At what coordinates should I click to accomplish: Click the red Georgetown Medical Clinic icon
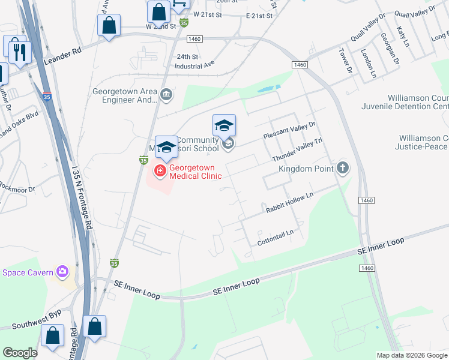160,171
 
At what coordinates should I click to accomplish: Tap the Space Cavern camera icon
62,272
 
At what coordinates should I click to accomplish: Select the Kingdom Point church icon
343,167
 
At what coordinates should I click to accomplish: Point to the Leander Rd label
64,52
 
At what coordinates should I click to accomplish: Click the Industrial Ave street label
194,64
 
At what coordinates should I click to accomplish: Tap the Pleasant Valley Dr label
289,131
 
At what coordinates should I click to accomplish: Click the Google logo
20,353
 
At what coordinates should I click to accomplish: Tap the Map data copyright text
411,355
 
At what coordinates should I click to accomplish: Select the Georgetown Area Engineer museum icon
167,94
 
